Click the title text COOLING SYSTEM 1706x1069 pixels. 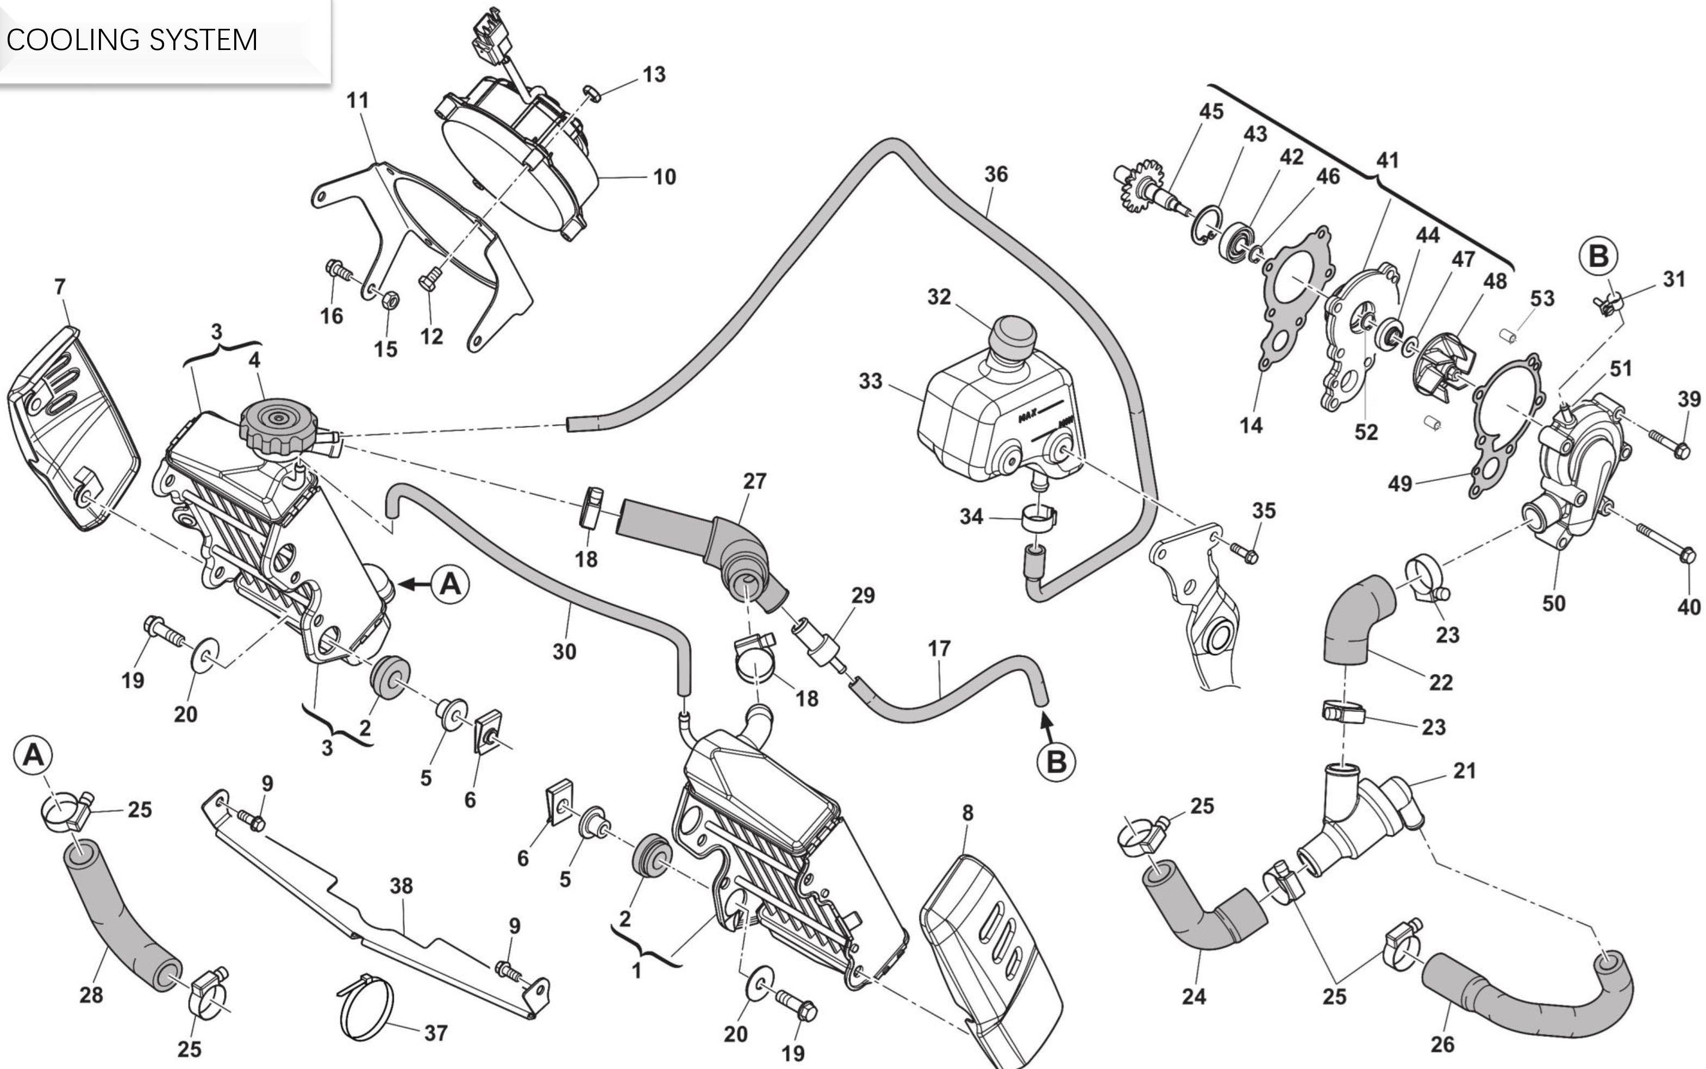132,40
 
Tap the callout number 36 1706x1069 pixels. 996,174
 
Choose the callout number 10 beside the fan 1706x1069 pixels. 664,177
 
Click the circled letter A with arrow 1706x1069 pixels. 450,585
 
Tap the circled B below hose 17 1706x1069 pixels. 1056,761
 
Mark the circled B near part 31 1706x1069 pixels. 1598,256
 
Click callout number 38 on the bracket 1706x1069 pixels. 402,886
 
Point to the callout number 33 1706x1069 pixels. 871,382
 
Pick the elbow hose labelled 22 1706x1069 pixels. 1357,622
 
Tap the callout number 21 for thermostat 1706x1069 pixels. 1464,770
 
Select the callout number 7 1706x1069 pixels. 60,287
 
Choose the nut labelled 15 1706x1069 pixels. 388,300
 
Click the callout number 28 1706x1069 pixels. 91,995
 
